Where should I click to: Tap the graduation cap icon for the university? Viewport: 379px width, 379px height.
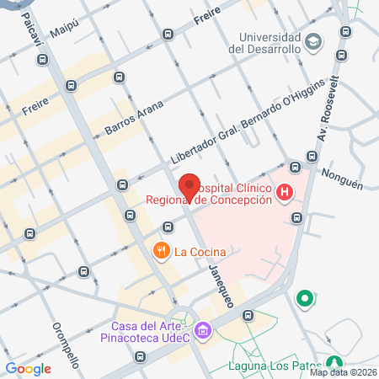(x=313, y=41)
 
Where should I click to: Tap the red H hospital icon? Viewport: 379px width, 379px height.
(x=286, y=194)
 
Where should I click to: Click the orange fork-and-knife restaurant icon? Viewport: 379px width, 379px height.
(x=160, y=250)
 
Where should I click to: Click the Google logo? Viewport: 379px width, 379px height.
(x=29, y=368)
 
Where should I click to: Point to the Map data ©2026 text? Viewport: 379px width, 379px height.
(x=343, y=372)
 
